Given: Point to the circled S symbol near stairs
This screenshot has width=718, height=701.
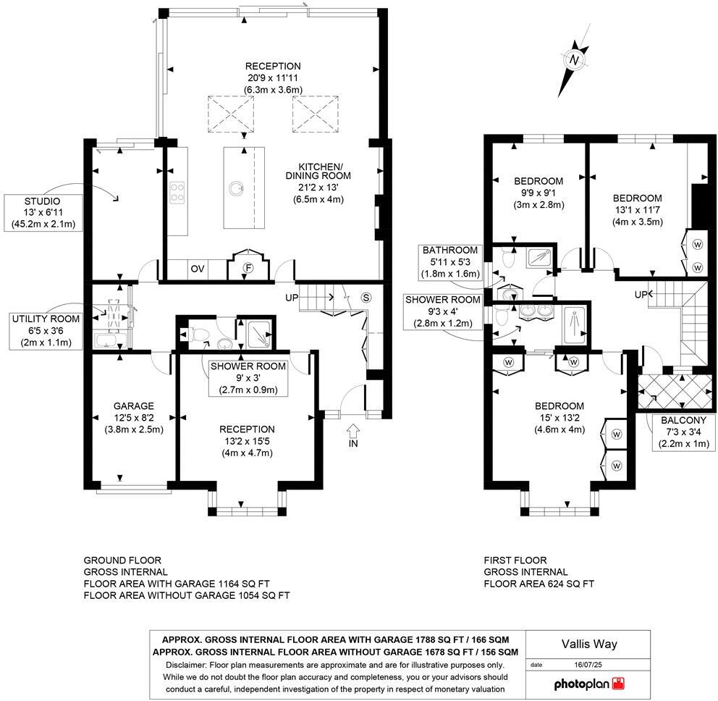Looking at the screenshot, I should (366, 297).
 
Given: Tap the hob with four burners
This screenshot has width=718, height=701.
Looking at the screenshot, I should (177, 192).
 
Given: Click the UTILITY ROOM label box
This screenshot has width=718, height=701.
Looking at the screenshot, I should (45, 331).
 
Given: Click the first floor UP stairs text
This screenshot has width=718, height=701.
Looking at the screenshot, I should (641, 295).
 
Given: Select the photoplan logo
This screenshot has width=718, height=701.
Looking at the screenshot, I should (588, 683).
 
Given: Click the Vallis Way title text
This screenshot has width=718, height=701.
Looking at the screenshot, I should (589, 643).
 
